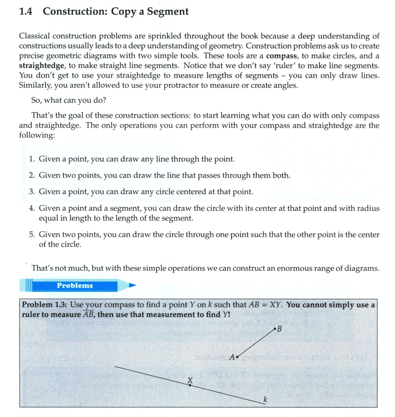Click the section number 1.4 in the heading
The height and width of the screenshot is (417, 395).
click(x=27, y=12)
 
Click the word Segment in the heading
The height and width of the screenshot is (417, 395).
click(x=168, y=12)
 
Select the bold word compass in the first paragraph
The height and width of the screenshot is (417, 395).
click(x=280, y=56)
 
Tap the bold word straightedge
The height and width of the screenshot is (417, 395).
click(x=40, y=66)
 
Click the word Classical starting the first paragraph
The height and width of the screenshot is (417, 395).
click(x=35, y=37)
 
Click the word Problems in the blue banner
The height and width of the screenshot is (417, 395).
click(x=75, y=286)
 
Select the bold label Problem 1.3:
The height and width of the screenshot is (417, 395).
click(x=44, y=305)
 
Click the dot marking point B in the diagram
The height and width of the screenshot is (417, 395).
click(x=274, y=329)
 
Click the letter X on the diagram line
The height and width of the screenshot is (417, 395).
click(x=190, y=380)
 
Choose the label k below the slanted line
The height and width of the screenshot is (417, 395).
click(x=266, y=399)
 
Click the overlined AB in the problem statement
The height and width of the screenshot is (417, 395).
click(x=89, y=315)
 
